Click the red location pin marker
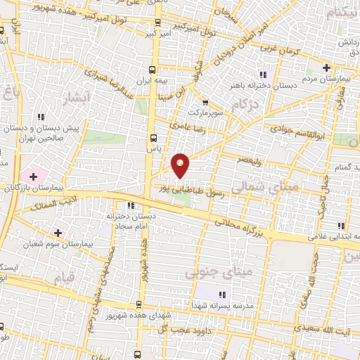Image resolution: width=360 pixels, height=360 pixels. (x=181, y=166)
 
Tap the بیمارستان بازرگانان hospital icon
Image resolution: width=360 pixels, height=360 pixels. (x=32, y=175)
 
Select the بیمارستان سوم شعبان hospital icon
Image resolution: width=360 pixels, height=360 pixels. (x=58, y=231)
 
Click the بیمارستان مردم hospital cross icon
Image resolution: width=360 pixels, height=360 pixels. (x=326, y=67)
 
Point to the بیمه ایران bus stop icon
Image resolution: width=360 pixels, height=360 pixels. (x=153, y=69)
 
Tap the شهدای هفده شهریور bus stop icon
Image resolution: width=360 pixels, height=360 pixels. (x=139, y=305)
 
